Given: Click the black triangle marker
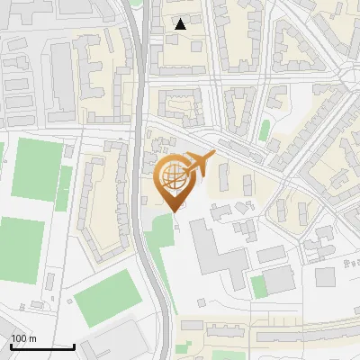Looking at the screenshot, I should tap(181, 24).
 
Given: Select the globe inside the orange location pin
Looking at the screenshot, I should tap(173, 175).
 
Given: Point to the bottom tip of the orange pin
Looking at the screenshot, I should tap(174, 211).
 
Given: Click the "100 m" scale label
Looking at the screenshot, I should tap(23, 338).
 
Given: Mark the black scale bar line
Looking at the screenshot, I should tap(42, 346).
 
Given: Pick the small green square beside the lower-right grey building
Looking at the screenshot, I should tap(258, 286).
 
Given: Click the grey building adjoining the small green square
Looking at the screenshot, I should tap(279, 280).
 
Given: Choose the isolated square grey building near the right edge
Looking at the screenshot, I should tap(326, 276).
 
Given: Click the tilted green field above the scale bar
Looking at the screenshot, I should tap(107, 302).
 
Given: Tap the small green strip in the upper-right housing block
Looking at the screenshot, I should tap(265, 130).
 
